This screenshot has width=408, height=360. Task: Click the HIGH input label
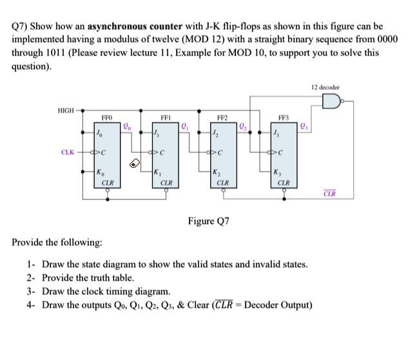point(66,110)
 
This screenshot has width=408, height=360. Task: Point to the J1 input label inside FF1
point(157,134)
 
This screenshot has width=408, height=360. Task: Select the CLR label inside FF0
point(109,183)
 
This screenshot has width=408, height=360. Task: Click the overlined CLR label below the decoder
point(329,194)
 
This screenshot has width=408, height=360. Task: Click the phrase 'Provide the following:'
point(57,243)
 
